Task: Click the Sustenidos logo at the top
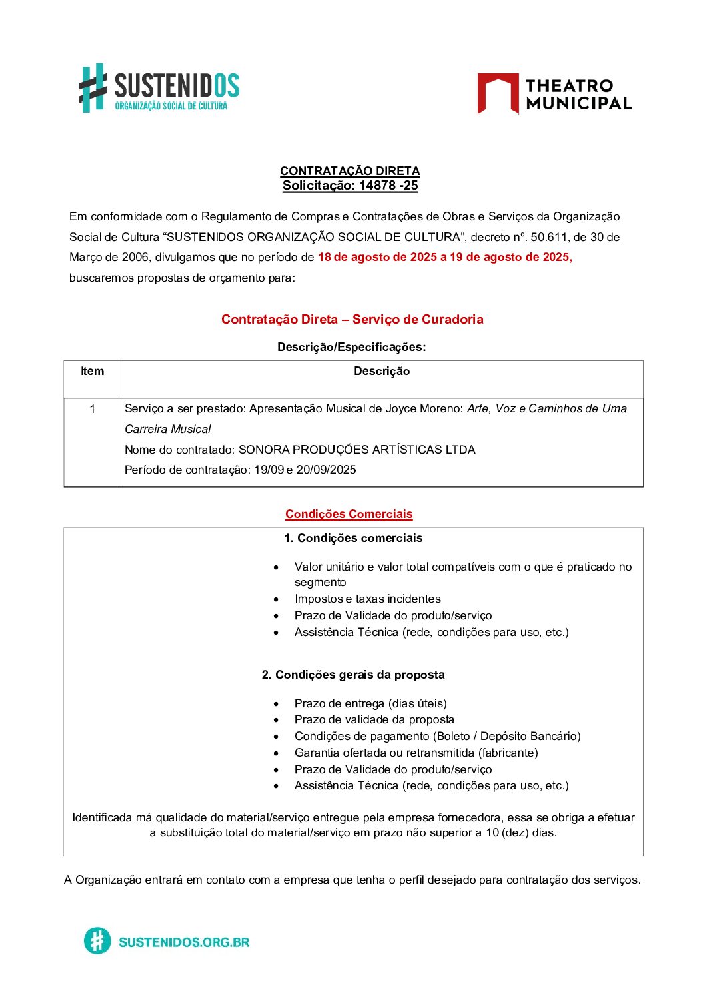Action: tap(159, 88)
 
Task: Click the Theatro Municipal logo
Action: tap(554, 94)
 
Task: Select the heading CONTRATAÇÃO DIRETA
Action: tap(350, 171)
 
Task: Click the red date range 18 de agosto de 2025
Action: tap(377, 258)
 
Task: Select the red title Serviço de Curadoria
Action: tap(418, 320)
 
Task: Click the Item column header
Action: tap(92, 372)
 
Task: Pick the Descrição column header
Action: tap(382, 372)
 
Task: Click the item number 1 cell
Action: tap(92, 409)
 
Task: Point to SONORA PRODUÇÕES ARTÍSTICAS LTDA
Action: tap(356, 450)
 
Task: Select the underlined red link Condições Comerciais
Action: tap(349, 514)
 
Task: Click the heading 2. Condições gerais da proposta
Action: tap(353, 675)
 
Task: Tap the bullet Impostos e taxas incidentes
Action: tap(367, 599)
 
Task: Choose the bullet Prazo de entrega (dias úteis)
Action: tap(370, 703)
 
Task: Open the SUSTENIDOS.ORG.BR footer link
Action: tap(183, 942)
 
